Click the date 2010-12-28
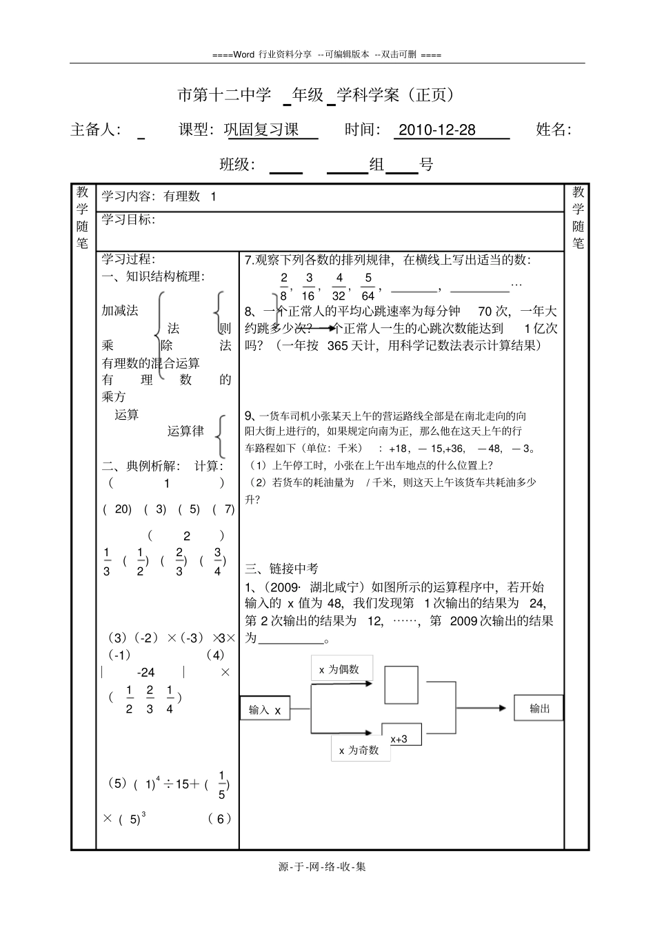pos(437,130)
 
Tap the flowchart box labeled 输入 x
pos(265,709)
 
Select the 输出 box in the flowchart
pos(538,709)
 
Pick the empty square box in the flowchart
pos(401,684)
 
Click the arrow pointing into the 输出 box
pos(485,708)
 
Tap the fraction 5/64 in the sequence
pos(368,287)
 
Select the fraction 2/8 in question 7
pos(283,287)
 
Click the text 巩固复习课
pos(261,130)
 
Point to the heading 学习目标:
pos(129,220)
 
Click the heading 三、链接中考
pos(282,569)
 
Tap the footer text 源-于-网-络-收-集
pos(322,866)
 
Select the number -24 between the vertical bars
pos(145,672)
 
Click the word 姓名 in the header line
pos(553,130)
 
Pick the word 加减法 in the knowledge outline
pos(120,310)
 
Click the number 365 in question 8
pos(338,345)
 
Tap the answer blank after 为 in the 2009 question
pos(290,638)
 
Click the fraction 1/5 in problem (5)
pos(221,785)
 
